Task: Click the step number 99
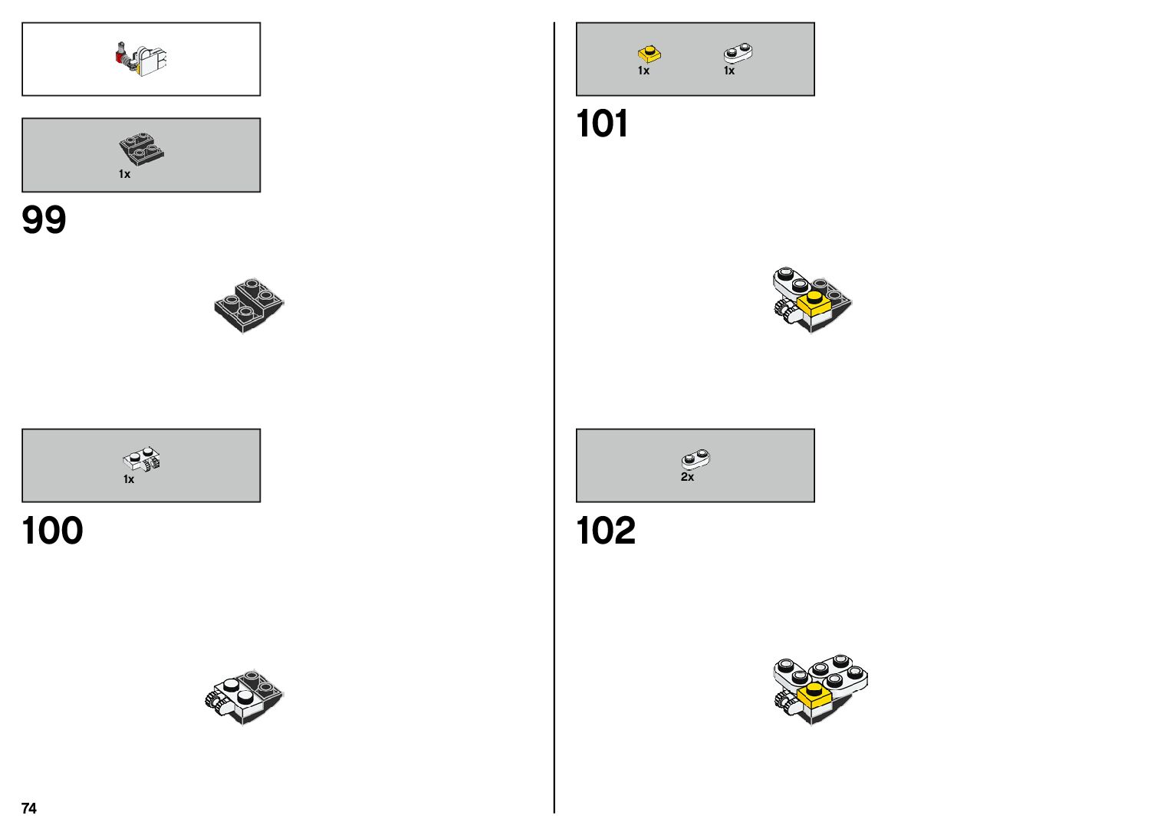[44, 220]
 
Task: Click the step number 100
[52, 531]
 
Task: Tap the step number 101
[602, 123]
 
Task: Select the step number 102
[606, 531]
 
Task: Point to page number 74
[29, 808]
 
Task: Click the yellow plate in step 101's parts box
[649, 54]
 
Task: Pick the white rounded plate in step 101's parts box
[738, 53]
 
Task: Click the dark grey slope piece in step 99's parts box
[142, 149]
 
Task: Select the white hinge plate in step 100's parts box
[142, 460]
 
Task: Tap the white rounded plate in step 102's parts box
[696, 459]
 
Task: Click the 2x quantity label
[687, 477]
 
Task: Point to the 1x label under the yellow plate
[643, 71]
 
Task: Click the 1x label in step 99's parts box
[124, 174]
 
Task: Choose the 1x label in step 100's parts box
[129, 479]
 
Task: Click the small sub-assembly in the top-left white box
[143, 58]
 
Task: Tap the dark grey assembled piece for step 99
[249, 304]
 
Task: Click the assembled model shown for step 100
[245, 696]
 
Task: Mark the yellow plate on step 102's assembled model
[814, 695]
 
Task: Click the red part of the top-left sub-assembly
[120, 56]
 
